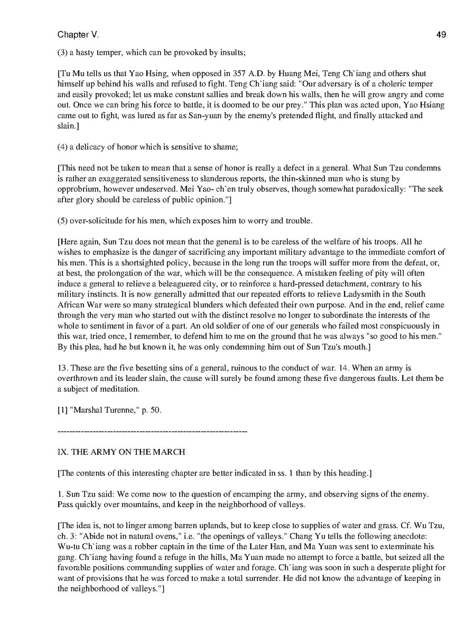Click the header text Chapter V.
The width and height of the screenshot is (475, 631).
coord(78,35)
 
